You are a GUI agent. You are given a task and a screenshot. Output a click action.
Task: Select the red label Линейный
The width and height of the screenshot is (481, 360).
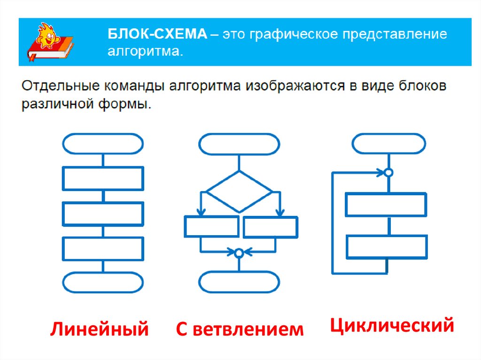99,329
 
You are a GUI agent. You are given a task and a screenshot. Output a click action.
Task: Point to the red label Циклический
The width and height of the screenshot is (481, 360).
392,325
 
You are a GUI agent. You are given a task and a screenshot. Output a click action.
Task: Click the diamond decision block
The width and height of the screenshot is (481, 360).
240,191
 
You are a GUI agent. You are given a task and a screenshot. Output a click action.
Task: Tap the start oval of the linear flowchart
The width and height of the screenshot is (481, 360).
102,144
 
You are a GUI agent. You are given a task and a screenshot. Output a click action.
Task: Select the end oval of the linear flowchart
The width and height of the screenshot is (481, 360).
102,283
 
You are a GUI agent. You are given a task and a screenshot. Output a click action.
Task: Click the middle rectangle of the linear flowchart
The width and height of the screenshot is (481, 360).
102,214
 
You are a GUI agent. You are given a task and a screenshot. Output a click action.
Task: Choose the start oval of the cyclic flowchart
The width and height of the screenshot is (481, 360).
389,144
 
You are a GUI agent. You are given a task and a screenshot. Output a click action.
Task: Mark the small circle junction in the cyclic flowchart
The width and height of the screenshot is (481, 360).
388,173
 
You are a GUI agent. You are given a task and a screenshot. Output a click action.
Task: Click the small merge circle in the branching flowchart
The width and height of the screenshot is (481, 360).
239,253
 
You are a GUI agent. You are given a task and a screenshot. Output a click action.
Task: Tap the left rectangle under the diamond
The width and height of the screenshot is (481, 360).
212,227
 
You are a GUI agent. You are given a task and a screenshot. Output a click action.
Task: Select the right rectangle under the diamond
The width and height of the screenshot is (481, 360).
271,227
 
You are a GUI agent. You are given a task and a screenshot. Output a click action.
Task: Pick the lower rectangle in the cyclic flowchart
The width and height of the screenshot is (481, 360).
387,247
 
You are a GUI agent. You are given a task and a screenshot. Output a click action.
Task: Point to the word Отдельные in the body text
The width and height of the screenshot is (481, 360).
50,87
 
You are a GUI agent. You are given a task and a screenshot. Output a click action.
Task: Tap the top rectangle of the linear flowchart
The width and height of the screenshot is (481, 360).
102,178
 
